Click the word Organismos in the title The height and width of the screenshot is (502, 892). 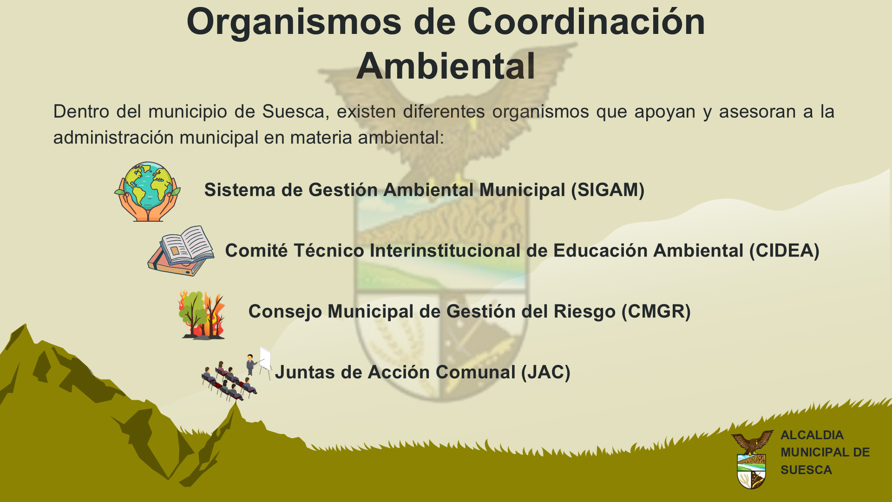tap(294, 22)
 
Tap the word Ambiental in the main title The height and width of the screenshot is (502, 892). tap(446, 66)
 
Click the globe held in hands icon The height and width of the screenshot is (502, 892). tap(147, 192)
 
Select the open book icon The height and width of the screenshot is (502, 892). tap(181, 251)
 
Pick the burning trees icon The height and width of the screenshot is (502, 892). tap(202, 315)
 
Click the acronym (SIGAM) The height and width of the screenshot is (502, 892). tap(608, 190)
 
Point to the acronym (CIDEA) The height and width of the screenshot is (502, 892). tap(784, 251)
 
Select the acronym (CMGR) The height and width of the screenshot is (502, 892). tap(656, 312)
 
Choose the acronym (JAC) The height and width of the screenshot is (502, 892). tap(545, 373)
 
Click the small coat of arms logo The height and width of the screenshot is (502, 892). tap(752, 460)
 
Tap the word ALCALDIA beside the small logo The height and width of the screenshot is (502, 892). tap(812, 435)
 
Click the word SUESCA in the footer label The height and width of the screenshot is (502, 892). tap(806, 470)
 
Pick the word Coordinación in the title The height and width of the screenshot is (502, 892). tap(586, 22)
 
